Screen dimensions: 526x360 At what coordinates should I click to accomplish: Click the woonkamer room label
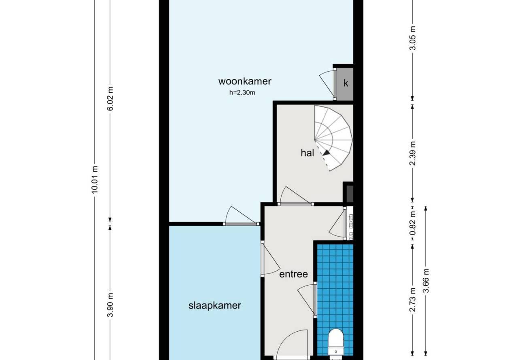coord(245,81)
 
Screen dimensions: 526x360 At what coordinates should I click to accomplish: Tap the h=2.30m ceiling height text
coord(242,93)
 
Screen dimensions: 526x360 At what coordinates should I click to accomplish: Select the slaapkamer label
coord(214,305)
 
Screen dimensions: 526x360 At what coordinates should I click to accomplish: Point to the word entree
coord(293,274)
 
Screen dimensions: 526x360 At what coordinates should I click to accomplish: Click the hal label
coord(307,153)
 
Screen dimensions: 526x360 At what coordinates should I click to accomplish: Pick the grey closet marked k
coord(345,84)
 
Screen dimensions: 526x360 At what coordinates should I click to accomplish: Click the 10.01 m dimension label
coord(95,180)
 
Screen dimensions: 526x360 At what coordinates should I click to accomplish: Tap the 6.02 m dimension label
coord(110,99)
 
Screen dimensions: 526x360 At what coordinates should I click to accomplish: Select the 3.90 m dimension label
coord(110,305)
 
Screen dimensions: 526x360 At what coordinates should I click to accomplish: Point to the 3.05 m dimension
coord(412,38)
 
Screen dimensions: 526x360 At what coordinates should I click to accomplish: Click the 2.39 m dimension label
coord(412,153)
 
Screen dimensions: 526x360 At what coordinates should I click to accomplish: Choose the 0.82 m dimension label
coord(412,223)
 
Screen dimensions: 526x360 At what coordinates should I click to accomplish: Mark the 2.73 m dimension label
coord(412,300)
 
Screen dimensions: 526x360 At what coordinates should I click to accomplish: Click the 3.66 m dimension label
coord(426,281)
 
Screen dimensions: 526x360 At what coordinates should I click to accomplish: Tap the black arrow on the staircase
coord(327,153)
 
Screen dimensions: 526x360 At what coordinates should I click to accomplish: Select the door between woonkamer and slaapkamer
coord(241,216)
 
